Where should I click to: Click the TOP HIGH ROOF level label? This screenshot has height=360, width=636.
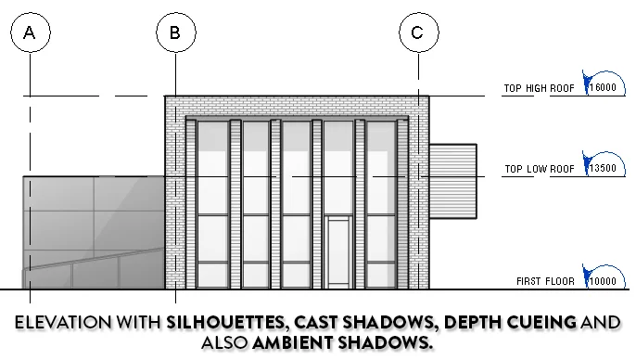(x=538, y=90)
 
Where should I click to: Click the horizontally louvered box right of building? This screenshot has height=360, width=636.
(x=452, y=184)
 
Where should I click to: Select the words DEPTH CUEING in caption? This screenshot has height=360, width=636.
(x=510, y=324)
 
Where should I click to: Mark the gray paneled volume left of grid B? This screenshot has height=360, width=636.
(x=93, y=232)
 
